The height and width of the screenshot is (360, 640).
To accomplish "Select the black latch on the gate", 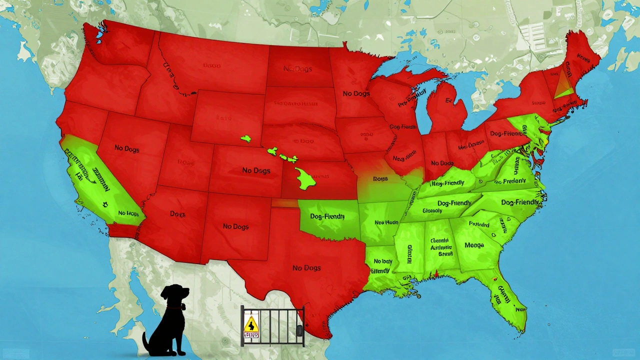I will [x=298, y=330].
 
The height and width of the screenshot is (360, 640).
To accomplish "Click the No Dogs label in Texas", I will [x=306, y=268].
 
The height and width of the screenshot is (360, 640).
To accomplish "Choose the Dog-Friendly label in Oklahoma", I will [x=327, y=216].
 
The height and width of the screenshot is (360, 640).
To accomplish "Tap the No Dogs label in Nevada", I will [x=127, y=148].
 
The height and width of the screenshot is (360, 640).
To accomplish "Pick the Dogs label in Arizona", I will [x=177, y=214].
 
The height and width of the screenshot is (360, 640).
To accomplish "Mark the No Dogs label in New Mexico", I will [x=235, y=226].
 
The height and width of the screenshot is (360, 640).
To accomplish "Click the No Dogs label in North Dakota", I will [x=297, y=68].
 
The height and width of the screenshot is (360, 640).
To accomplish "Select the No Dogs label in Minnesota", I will [x=356, y=93].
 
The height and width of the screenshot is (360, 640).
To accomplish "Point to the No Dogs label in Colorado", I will [x=256, y=170].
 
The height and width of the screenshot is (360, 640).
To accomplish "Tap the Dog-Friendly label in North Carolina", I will [x=520, y=202].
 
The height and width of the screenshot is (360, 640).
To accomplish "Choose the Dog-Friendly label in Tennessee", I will [x=454, y=203].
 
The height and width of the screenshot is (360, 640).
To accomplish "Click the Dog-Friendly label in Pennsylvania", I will [x=505, y=133].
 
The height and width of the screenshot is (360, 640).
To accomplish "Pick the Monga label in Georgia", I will [x=474, y=245].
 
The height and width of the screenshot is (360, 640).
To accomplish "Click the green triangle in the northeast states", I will [x=563, y=85].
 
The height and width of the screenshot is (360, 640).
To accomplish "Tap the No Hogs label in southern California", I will [x=128, y=213].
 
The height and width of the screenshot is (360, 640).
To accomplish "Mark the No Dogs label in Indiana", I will [x=442, y=163].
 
